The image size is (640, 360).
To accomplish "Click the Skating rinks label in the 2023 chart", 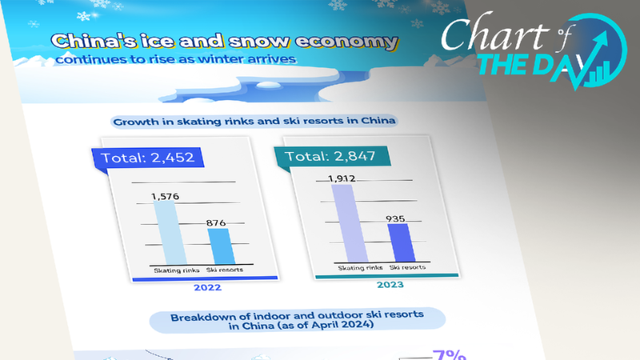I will (x=353, y=267).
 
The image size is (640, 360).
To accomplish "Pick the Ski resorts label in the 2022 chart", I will (x=226, y=270).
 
